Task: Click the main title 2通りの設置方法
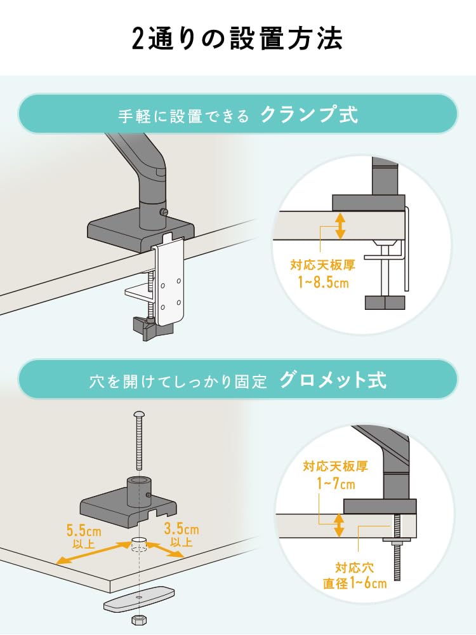tap(237, 39)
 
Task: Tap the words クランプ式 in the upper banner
tap(310, 115)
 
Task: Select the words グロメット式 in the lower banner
tap(333, 380)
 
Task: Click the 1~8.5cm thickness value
tap(324, 282)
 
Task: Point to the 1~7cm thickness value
tap(336, 483)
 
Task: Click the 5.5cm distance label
tap(84, 530)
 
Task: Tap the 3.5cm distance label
tap(182, 529)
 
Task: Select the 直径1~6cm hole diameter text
tap(355, 583)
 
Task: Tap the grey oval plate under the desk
tap(139, 599)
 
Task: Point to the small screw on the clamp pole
tap(164, 211)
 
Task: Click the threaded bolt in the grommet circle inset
tap(397, 547)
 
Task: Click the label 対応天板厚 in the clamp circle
tap(322, 265)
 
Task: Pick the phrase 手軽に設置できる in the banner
tap(184, 117)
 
